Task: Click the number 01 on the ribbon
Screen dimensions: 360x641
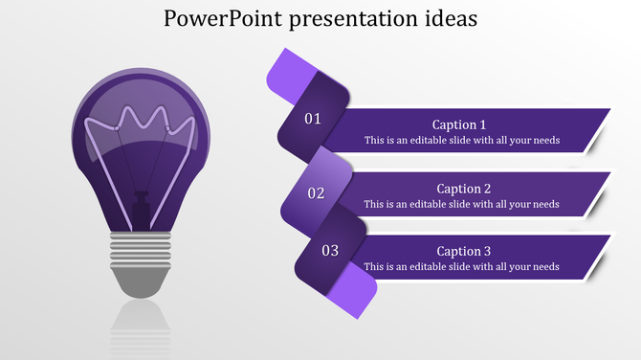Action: coord(313,120)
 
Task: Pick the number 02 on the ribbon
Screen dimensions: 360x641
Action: coord(316,193)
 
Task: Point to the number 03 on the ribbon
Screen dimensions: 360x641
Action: coord(330,251)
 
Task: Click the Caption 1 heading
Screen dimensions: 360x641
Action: coord(459,124)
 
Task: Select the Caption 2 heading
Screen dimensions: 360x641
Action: coord(463,189)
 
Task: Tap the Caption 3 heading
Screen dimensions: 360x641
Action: coord(463,251)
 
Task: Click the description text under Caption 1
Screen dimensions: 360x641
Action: coord(461,140)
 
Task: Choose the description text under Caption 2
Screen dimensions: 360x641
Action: coord(461,204)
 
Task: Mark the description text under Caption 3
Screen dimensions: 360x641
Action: coord(461,266)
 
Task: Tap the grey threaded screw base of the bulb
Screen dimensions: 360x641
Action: coord(140,250)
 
